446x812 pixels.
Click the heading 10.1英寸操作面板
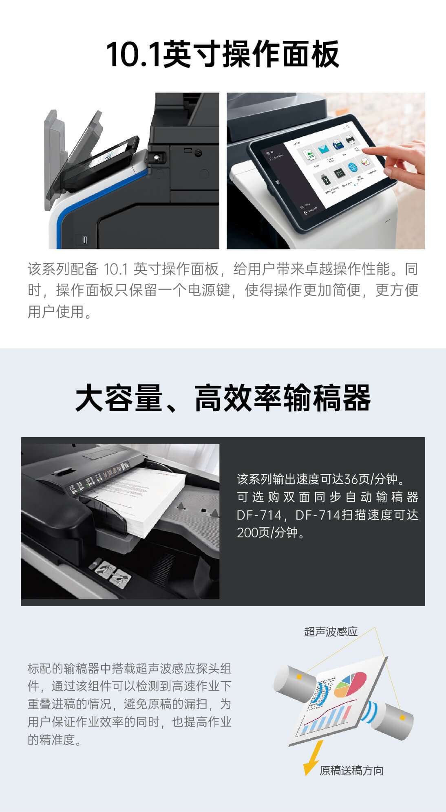tap(223, 54)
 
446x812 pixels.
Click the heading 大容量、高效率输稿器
tap(223, 398)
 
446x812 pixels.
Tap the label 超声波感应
tap(331, 632)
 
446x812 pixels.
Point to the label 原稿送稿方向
tap(351, 770)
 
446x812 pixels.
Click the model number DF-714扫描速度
tap(357, 515)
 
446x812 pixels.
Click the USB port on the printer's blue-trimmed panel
tap(84, 240)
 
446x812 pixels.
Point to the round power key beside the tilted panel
tap(198, 153)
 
